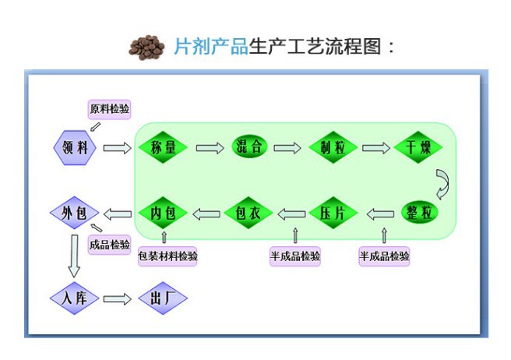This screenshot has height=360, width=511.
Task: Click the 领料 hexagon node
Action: (x=75, y=147)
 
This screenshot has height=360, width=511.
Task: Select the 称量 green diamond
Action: (x=164, y=147)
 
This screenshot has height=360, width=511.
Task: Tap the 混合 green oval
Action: (x=249, y=147)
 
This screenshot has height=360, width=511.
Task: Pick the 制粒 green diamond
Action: (x=333, y=147)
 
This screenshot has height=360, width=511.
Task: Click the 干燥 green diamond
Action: (x=418, y=147)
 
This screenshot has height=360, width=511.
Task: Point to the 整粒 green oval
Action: (x=421, y=213)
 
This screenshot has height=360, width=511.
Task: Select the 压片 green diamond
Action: (x=333, y=213)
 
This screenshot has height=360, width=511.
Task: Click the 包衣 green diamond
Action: (x=248, y=213)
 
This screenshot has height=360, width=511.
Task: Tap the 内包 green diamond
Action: (x=164, y=213)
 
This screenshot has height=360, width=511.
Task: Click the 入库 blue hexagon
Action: (x=75, y=298)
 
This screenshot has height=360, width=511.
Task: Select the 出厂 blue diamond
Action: (x=162, y=298)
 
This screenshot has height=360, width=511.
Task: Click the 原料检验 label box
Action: (x=110, y=109)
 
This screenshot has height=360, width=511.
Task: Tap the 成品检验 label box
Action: (x=110, y=245)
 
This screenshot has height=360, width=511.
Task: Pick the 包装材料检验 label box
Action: (x=167, y=256)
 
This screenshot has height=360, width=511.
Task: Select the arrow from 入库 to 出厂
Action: (x=118, y=298)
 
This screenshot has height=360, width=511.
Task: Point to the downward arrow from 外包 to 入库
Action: (x=75, y=256)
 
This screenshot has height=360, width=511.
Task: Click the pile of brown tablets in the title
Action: (x=148, y=46)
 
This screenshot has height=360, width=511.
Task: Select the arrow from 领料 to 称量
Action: (x=118, y=147)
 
